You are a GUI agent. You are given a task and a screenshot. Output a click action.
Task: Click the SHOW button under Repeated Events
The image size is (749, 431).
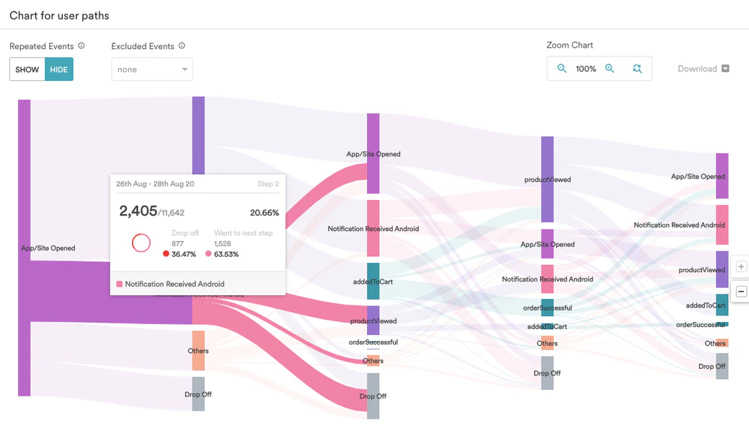[27, 69]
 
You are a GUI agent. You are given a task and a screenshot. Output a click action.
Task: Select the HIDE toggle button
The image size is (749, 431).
[59, 69]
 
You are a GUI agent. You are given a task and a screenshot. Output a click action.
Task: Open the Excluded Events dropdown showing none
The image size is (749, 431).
[151, 69]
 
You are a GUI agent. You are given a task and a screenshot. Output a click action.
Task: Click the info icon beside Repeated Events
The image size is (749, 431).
[81, 45]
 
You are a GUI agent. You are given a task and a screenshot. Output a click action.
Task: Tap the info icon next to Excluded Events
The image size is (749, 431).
[182, 45]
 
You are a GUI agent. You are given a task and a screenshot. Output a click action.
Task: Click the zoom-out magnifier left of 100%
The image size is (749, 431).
[562, 69]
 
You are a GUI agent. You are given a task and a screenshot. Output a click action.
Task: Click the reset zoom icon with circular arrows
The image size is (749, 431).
[637, 69]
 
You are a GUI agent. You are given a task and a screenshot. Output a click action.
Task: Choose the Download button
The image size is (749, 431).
[704, 69]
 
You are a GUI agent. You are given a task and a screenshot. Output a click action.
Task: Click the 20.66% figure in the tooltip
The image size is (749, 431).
[264, 213]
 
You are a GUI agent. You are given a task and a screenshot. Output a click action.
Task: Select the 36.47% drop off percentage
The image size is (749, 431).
[183, 254]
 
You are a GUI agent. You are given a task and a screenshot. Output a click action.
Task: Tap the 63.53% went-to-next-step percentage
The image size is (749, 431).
[226, 254]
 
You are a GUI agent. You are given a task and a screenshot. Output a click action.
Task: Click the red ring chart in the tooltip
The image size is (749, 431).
[141, 243]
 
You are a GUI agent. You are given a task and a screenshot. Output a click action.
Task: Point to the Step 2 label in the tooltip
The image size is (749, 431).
[267, 184]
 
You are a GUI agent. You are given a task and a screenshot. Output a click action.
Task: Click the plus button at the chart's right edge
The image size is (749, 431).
[741, 266]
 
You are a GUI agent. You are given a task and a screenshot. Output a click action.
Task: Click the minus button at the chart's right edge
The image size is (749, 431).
[741, 292]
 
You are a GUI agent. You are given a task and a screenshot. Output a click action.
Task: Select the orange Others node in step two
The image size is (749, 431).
[198, 351]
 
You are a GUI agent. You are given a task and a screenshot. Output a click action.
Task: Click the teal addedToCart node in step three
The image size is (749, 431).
[373, 281]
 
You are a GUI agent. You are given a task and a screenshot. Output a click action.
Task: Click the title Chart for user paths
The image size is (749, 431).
[59, 15]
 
